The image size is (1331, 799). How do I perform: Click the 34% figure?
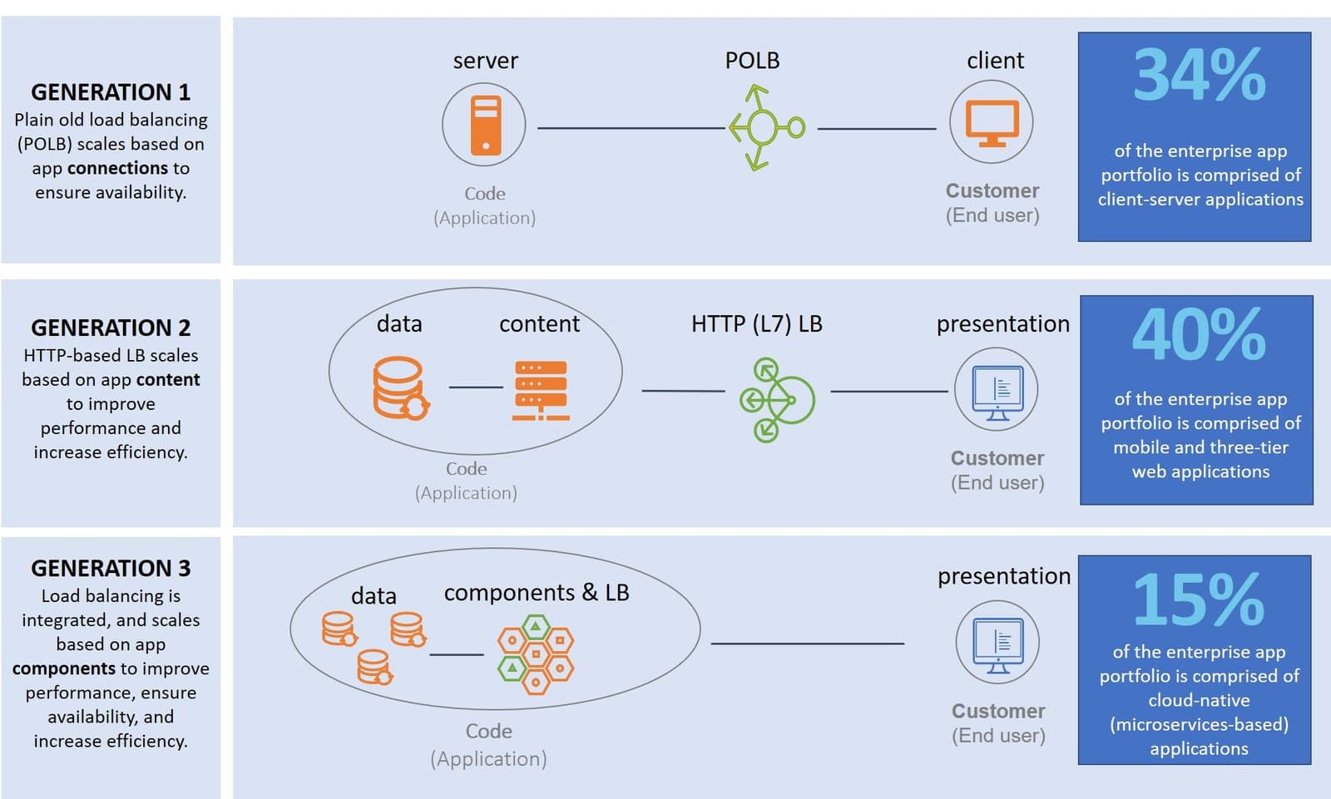coord(1199,75)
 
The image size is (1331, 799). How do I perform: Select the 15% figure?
coord(1199,599)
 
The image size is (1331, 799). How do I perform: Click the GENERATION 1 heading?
coord(111,91)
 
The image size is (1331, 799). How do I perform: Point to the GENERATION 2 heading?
coord(111,328)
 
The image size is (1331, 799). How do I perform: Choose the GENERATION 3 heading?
coord(111,568)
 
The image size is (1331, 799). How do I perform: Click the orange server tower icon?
coord(485,126)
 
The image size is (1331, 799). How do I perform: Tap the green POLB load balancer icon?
coord(764,128)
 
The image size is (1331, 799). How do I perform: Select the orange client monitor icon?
coord(992,123)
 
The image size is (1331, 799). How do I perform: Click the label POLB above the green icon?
coord(752,61)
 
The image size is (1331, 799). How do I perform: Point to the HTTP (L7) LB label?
coord(756,323)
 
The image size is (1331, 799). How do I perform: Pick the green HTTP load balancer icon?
coord(775,400)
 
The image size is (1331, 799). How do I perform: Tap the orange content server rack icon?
coord(541,390)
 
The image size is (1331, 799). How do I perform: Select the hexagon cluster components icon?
coord(536,654)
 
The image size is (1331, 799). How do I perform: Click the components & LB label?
coord(537,592)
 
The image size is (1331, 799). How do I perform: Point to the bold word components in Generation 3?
coord(64,668)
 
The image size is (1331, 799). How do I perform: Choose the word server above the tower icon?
coord(485,61)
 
